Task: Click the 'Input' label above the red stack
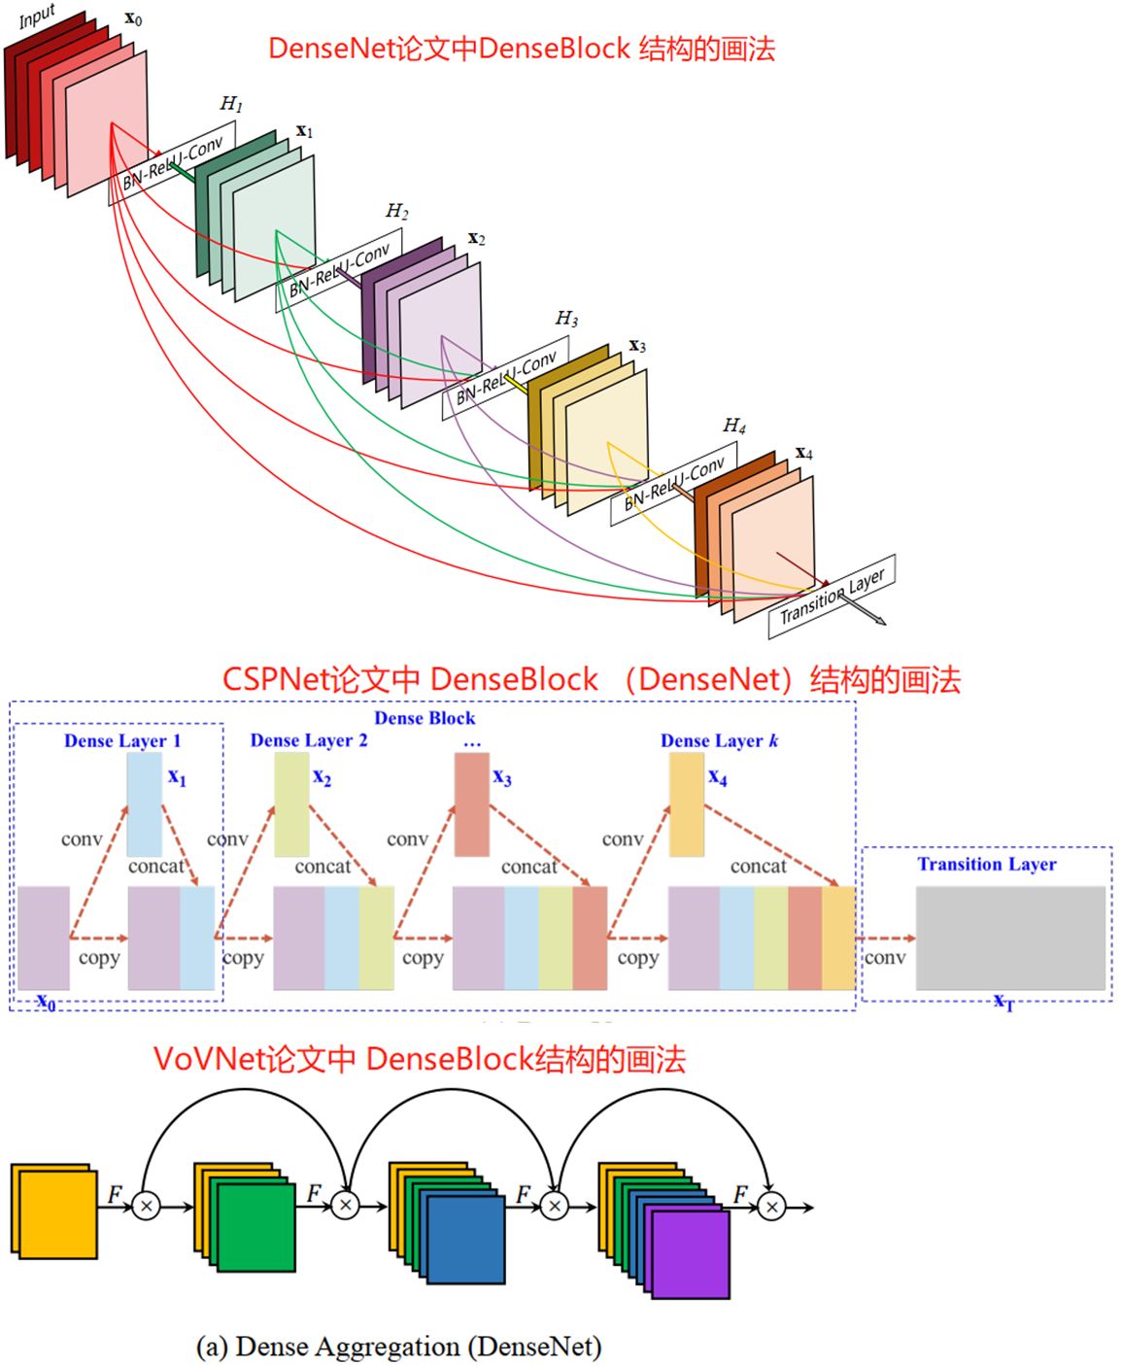[37, 17]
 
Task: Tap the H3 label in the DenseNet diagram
[566, 319]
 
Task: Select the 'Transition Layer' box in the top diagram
[832, 597]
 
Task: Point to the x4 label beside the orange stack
[804, 453]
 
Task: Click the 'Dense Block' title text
[425, 718]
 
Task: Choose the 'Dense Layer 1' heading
[122, 740]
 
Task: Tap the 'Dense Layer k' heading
[719, 740]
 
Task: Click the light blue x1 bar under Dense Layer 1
[145, 804]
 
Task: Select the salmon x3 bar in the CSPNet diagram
[472, 804]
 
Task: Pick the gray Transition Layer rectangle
[1010, 938]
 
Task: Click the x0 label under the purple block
[46, 1002]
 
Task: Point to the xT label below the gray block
[1003, 1003]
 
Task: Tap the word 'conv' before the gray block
[885, 958]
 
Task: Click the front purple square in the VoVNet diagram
[691, 1255]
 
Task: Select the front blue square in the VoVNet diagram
[466, 1240]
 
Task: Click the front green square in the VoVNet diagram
[256, 1228]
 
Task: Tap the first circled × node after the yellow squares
[147, 1207]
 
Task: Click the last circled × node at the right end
[771, 1207]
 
